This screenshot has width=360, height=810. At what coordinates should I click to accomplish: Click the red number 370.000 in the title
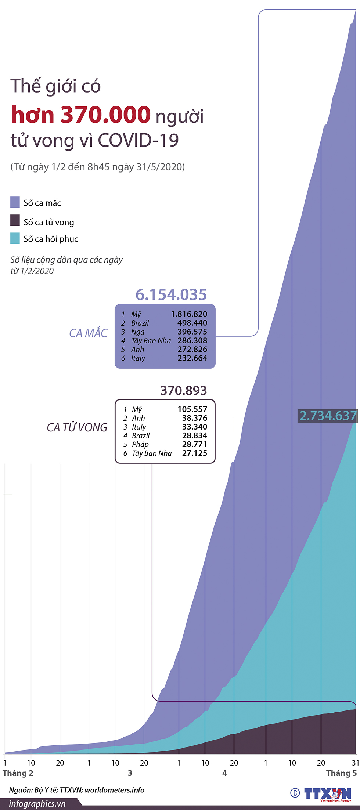pyautogui.click(x=106, y=115)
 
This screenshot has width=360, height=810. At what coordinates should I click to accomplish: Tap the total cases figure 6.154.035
pyautogui.click(x=171, y=294)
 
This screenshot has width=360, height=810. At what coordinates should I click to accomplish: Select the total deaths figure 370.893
pyautogui.click(x=184, y=390)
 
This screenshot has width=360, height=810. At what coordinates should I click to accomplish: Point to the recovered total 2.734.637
pyautogui.click(x=328, y=416)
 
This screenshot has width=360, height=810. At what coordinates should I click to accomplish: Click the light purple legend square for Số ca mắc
pyautogui.click(x=15, y=202)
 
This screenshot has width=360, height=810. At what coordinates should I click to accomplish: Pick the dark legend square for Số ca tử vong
pyautogui.click(x=15, y=220)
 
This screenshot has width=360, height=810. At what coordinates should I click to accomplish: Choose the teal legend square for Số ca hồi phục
pyautogui.click(x=15, y=238)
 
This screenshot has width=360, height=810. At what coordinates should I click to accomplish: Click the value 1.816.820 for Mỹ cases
pyautogui.click(x=189, y=314)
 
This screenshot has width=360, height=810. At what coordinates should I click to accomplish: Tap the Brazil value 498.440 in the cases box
pyautogui.click(x=192, y=323)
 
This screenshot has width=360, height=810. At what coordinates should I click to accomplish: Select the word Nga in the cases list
pyautogui.click(x=138, y=332)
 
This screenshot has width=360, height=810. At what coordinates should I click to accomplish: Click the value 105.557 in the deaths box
pyautogui.click(x=192, y=409)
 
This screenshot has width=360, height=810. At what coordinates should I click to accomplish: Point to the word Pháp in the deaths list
pyautogui.click(x=140, y=444)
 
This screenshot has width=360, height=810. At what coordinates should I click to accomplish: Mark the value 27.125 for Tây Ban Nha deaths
pyautogui.click(x=194, y=453)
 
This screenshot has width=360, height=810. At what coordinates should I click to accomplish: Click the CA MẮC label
pyautogui.click(x=88, y=333)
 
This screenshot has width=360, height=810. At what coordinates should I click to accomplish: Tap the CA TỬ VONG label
pyautogui.click(x=77, y=427)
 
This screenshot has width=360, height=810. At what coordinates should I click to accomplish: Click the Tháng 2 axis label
pyautogui.click(x=18, y=773)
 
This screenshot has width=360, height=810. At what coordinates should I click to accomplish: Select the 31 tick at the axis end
pyautogui.click(x=355, y=763)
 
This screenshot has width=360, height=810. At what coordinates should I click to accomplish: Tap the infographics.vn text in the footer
pyautogui.click(x=37, y=804)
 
